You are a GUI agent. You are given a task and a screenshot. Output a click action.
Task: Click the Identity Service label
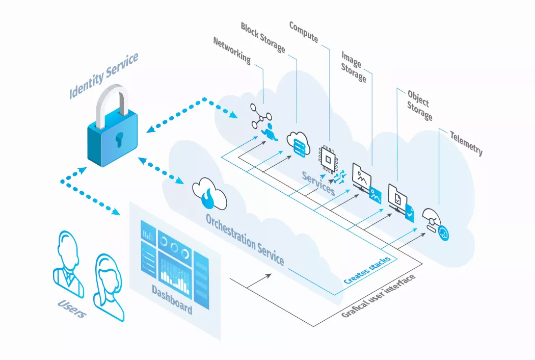[103, 75]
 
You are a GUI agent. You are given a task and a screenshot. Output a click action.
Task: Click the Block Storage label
[263, 37]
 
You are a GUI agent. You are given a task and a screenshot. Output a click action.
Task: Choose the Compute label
[304, 32]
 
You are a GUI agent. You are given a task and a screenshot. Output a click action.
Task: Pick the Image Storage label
[354, 66]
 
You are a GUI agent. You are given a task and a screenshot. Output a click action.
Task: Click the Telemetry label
[466, 142]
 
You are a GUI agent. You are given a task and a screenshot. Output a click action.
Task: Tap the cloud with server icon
[298, 143]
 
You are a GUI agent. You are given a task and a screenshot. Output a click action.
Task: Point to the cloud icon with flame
[209, 193]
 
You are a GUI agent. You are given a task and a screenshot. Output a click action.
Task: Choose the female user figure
[109, 286]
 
